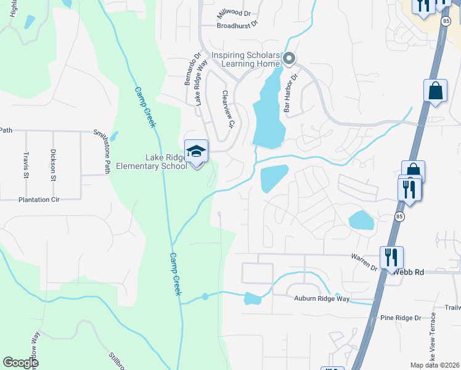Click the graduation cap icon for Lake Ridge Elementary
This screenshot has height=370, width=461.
(x=197, y=152)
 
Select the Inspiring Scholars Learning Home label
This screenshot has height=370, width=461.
(x=246, y=60)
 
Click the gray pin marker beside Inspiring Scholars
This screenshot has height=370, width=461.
(x=289, y=59)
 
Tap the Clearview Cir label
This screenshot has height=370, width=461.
(x=228, y=109)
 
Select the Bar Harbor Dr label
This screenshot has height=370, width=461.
(x=290, y=92)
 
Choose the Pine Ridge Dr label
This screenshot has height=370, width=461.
(x=400, y=318)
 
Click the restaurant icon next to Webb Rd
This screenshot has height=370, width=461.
(x=391, y=257)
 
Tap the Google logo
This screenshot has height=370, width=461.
(x=20, y=363)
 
